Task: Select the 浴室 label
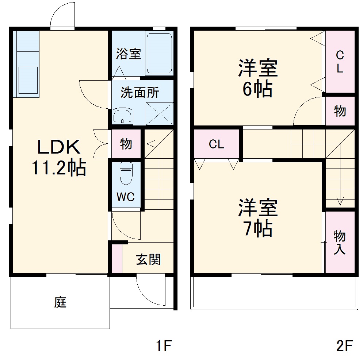click(x=128, y=54)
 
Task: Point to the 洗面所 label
click(x=140, y=93)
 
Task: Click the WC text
click(x=126, y=197)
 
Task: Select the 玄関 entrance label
click(x=148, y=260)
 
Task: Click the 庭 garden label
click(x=61, y=302)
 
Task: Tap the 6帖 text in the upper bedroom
click(x=257, y=89)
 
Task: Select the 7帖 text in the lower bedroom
click(x=257, y=229)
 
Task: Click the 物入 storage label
click(x=340, y=243)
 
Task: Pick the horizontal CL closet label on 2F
click(x=217, y=144)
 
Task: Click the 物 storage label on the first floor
click(x=126, y=144)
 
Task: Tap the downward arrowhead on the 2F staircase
click(x=340, y=202)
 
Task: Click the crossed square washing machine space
click(x=159, y=113)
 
